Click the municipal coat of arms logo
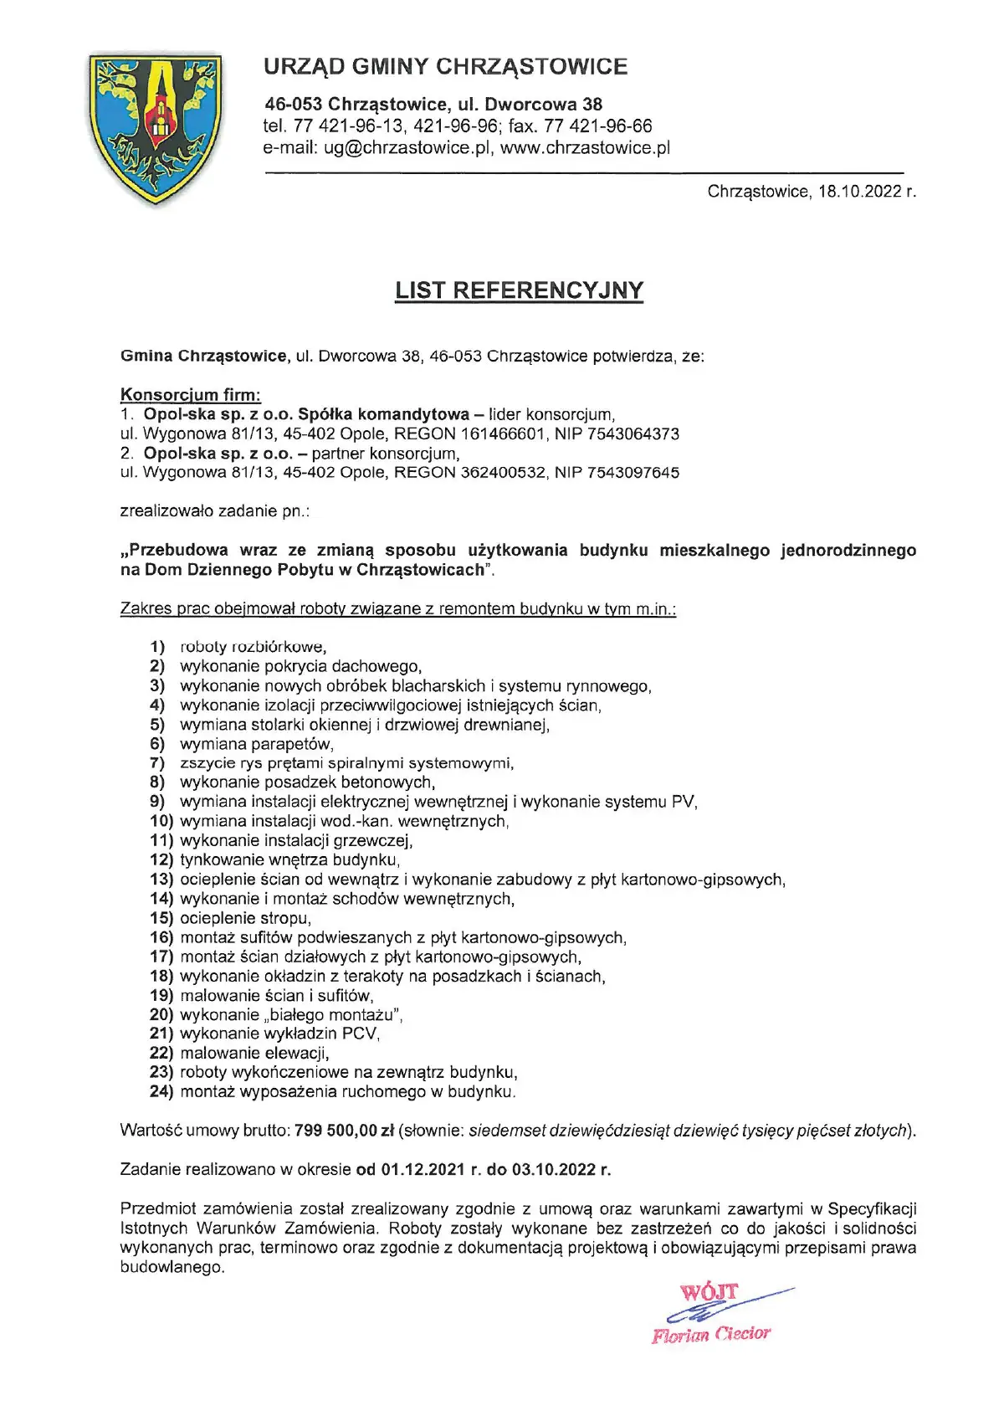point(156,128)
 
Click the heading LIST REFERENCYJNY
point(519,290)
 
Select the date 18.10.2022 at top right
point(859,192)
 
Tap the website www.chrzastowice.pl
point(586,148)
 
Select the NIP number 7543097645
point(633,473)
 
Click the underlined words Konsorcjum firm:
point(191,395)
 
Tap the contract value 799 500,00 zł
point(344,1131)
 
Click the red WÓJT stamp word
point(709,1292)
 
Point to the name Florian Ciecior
point(711,1334)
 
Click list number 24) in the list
point(161,1092)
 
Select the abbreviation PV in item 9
point(684,803)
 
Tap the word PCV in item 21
point(360,1034)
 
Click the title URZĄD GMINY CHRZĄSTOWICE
point(445,67)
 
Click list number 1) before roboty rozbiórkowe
point(157,647)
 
